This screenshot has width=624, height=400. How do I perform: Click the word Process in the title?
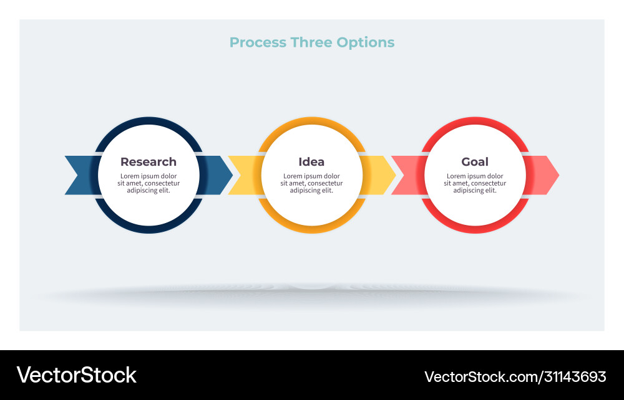pyautogui.click(x=255, y=42)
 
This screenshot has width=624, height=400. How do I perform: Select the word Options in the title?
pyautogui.click(x=366, y=42)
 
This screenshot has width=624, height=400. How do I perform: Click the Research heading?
pyautogui.click(x=149, y=162)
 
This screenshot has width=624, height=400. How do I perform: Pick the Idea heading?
pyautogui.click(x=311, y=162)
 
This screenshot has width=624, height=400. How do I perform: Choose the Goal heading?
pyautogui.click(x=475, y=162)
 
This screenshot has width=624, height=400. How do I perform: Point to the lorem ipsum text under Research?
pyautogui.click(x=149, y=183)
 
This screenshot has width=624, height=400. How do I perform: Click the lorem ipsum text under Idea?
pyautogui.click(x=311, y=183)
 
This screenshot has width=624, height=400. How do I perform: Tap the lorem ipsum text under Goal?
pyautogui.click(x=475, y=183)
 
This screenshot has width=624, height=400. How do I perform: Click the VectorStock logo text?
pyautogui.click(x=76, y=375)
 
